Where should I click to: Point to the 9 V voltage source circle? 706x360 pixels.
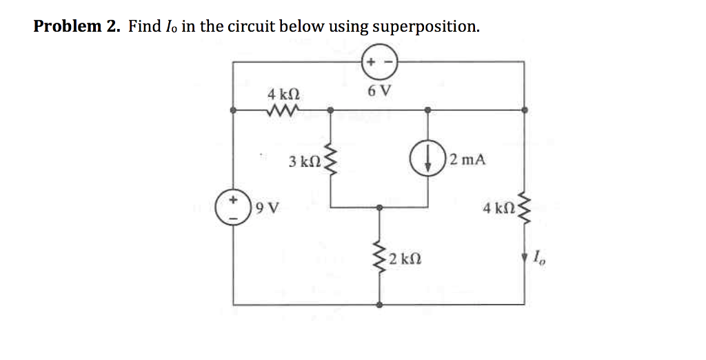(x=233, y=207)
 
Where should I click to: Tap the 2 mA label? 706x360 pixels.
(x=467, y=159)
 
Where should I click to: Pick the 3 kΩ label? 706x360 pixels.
(x=304, y=161)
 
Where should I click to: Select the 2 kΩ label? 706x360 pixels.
(x=405, y=260)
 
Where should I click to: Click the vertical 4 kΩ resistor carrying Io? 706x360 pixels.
(x=525, y=208)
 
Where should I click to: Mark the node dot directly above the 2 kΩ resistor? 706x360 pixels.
(x=379, y=207)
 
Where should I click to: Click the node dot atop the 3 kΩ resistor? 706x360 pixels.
(x=330, y=110)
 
